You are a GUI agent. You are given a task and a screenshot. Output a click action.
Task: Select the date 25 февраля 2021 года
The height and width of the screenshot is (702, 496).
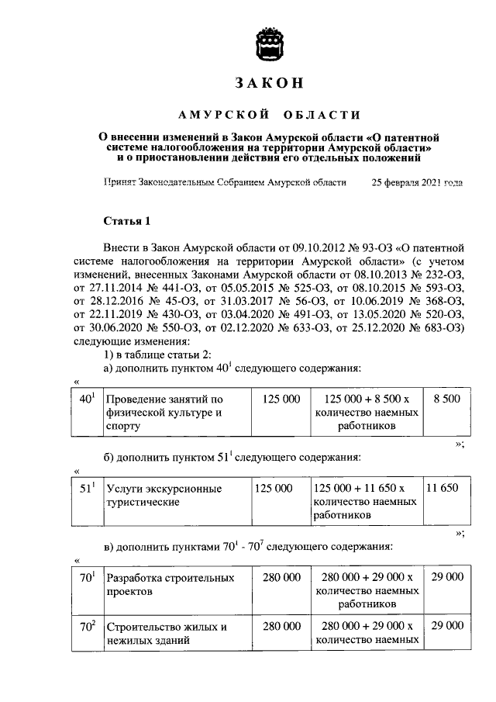(x=418, y=183)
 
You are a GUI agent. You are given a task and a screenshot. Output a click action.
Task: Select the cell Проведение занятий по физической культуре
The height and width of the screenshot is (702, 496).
(x=164, y=413)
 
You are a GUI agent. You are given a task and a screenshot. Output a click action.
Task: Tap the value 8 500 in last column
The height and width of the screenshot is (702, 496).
(x=447, y=399)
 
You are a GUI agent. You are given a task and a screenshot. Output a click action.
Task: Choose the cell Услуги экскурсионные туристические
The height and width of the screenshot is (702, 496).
(x=164, y=495)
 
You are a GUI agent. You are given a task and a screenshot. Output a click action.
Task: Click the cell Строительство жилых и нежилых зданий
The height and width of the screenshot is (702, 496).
(x=166, y=633)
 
